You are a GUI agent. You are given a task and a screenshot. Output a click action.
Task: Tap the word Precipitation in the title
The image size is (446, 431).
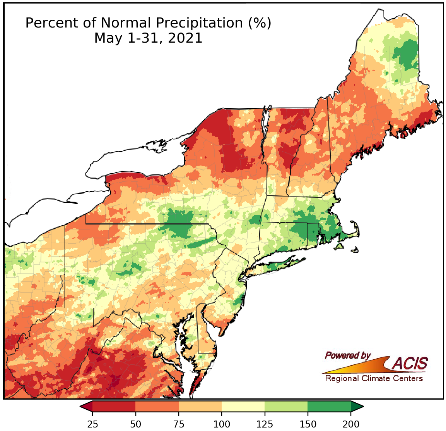[x=198, y=23]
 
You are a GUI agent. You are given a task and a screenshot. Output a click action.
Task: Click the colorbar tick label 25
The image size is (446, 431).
[x=92, y=424]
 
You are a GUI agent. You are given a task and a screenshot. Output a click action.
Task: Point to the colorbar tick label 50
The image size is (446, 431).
[x=135, y=424]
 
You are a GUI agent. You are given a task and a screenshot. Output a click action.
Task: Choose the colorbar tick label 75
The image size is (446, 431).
[x=178, y=424]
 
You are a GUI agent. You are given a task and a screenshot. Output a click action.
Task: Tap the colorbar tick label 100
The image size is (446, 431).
[x=222, y=424]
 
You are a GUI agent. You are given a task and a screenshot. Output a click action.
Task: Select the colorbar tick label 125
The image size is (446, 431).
[x=265, y=424]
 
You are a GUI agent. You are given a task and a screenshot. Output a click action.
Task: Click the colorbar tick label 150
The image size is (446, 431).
[x=308, y=424]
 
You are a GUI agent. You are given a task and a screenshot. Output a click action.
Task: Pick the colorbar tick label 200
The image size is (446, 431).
[x=351, y=424]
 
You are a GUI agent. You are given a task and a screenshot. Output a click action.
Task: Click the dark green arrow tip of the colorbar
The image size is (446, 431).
[x=357, y=406]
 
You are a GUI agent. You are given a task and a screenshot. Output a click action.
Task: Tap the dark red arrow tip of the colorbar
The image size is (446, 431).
[x=86, y=406]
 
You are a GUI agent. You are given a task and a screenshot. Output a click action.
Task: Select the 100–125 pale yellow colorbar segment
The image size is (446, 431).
[x=243, y=406]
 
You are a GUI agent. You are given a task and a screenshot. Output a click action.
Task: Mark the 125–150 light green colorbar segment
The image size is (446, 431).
[x=286, y=406]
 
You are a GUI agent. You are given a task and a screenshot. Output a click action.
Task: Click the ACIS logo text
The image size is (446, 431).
[x=410, y=364]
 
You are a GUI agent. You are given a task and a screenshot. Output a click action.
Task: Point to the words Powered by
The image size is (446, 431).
[x=347, y=355]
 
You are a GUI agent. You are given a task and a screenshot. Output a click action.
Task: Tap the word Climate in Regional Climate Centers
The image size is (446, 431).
[x=374, y=378]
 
